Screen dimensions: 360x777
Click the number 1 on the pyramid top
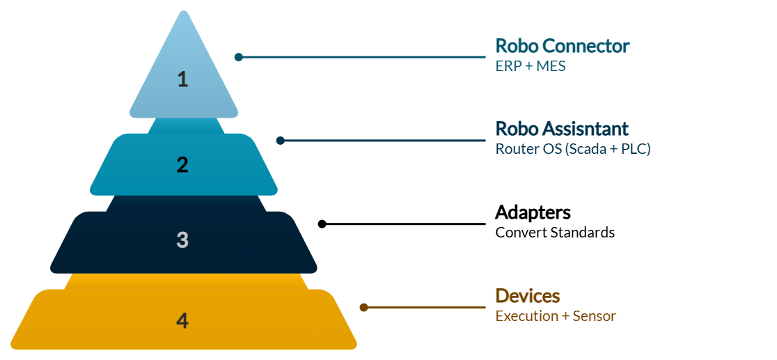click(x=182, y=79)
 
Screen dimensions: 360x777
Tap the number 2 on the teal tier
click(x=182, y=165)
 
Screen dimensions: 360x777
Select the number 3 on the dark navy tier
click(x=182, y=240)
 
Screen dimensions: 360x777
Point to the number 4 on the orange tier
click(x=182, y=321)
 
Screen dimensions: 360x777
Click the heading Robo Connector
click(x=562, y=46)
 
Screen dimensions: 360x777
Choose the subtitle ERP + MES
click(x=530, y=66)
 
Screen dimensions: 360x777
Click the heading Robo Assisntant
click(x=561, y=129)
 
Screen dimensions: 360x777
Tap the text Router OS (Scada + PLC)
click(x=572, y=148)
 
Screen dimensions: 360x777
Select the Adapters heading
click(x=533, y=212)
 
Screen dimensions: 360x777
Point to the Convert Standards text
click(x=555, y=232)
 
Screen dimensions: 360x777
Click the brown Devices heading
click(x=527, y=296)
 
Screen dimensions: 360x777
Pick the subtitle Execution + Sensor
click(x=556, y=316)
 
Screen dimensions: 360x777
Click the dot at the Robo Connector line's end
click(x=239, y=57)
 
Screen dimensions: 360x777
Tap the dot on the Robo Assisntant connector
click(x=281, y=141)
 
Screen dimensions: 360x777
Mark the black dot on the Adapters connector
click(x=322, y=224)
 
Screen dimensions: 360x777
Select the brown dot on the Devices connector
click(x=363, y=307)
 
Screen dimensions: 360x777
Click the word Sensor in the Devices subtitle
click(x=594, y=316)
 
